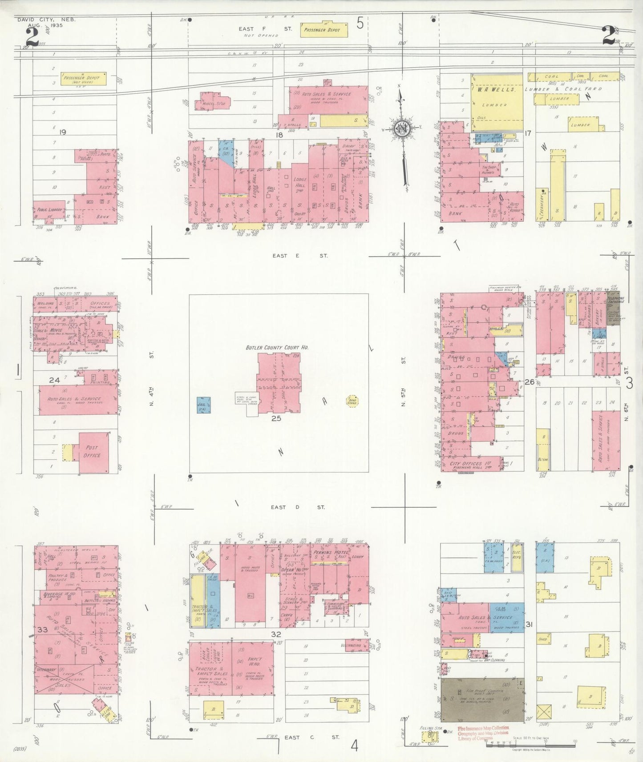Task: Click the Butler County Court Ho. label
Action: [277, 347]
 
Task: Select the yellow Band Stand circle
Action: [352, 401]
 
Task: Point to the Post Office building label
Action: [93, 451]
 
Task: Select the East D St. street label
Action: [298, 507]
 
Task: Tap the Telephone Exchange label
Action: [616, 300]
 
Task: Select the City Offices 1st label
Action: [466, 463]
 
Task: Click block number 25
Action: [276, 418]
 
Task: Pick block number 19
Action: [63, 132]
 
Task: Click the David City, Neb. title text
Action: [46, 20]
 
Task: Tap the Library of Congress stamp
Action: [483, 732]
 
